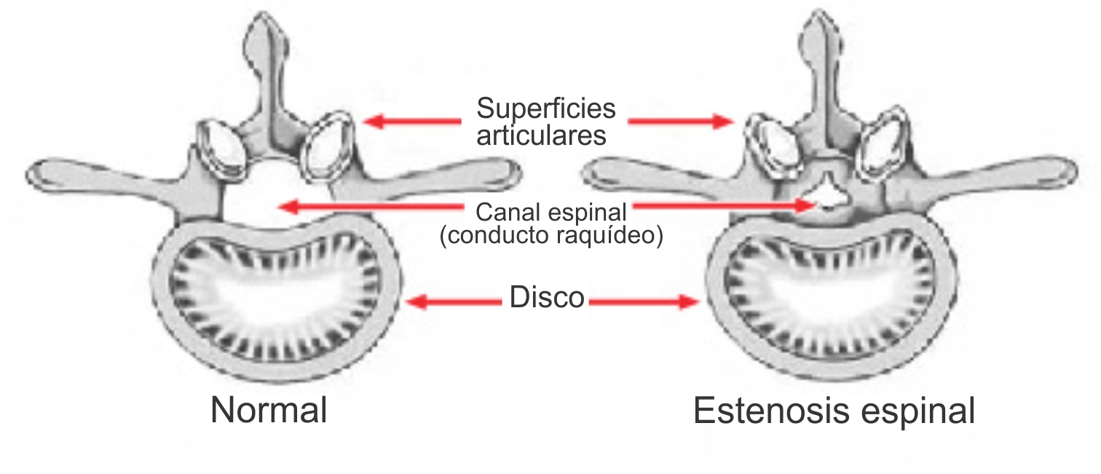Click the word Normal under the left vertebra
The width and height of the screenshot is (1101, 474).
(x=269, y=410)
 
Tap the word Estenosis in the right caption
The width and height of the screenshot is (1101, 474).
(x=771, y=411)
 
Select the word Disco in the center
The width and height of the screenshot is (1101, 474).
(x=547, y=297)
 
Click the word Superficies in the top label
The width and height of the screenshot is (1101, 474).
(x=546, y=108)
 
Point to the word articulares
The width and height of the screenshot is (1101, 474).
(x=541, y=135)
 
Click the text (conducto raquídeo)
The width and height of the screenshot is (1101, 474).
(x=551, y=235)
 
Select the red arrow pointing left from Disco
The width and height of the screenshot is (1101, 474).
(x=454, y=301)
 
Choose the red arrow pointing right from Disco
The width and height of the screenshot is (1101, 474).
(x=644, y=301)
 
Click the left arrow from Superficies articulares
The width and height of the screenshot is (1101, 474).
(x=412, y=121)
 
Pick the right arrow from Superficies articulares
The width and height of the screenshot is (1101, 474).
(x=681, y=121)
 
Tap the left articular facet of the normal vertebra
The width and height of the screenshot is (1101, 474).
(x=221, y=148)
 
